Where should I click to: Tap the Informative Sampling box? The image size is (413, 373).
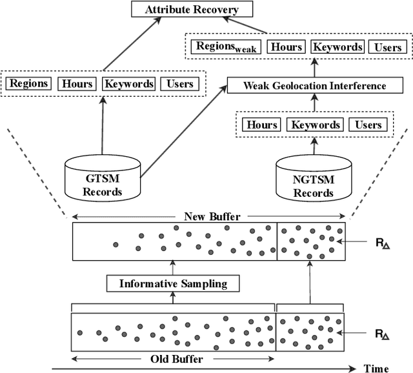point(173,283)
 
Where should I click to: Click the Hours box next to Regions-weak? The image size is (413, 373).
point(286,46)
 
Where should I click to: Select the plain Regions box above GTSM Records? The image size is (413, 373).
point(29,84)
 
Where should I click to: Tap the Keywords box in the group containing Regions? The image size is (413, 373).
point(129,84)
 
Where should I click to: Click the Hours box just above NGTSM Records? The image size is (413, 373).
point(262,125)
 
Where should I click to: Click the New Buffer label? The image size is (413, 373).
point(208,217)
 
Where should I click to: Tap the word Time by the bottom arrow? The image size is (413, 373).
point(377,368)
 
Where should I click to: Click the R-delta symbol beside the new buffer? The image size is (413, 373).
point(382,243)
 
